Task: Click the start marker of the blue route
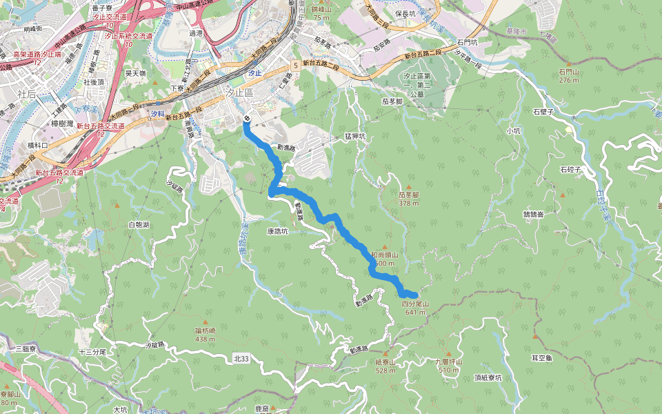point(246,119)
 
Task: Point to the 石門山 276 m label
point(569,75)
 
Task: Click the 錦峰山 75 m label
point(321,12)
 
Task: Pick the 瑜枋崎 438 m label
point(205,335)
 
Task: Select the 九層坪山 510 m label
point(448,366)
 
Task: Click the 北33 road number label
point(241,358)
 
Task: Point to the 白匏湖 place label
point(139,225)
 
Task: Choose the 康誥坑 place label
point(277,232)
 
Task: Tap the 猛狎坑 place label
point(354,137)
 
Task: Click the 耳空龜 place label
point(541,358)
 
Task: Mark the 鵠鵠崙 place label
point(533,215)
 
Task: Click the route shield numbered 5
point(294,64)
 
